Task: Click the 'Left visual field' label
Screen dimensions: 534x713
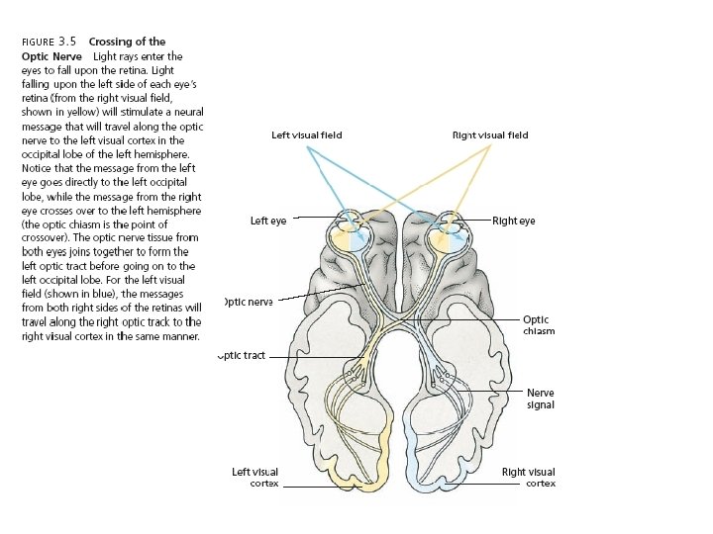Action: (x=307, y=135)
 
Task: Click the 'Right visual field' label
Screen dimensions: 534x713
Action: (x=490, y=135)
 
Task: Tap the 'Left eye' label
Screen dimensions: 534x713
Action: (x=268, y=221)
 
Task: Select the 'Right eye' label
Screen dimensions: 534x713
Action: (x=513, y=221)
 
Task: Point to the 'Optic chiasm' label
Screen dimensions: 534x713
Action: (x=538, y=325)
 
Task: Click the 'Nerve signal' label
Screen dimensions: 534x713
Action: (x=541, y=399)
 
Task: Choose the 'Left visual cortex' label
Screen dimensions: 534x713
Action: (x=255, y=478)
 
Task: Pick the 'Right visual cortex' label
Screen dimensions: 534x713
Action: (x=528, y=478)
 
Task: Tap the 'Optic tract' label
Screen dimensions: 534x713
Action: (x=243, y=356)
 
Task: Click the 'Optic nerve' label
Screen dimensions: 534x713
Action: (x=248, y=302)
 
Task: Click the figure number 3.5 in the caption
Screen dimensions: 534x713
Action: (x=68, y=42)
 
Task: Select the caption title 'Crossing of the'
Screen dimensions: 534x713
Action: (x=127, y=42)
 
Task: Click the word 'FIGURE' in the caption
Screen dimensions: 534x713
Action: (x=38, y=43)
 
